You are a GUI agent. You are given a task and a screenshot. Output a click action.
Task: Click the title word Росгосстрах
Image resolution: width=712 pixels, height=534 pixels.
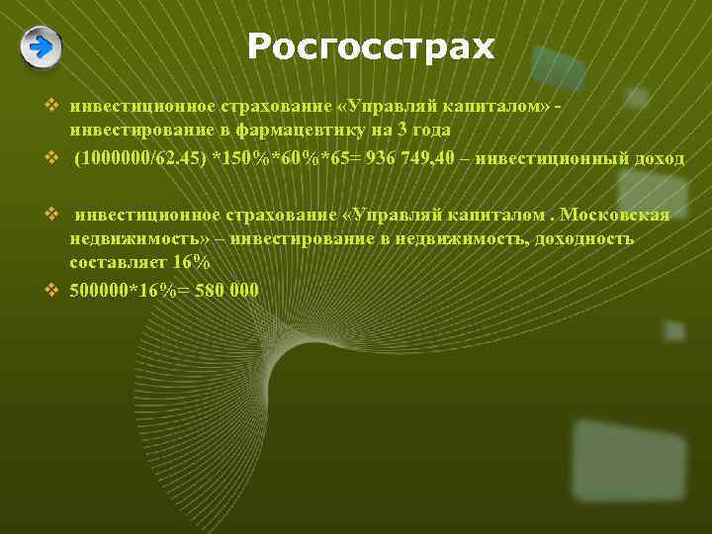click(370, 45)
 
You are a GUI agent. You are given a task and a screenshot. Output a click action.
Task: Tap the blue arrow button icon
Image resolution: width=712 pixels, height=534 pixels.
click(41, 46)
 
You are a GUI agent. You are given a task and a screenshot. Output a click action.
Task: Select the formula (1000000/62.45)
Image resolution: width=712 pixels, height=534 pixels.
click(137, 160)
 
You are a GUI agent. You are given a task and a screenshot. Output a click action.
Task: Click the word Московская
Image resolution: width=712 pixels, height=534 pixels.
click(614, 216)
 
